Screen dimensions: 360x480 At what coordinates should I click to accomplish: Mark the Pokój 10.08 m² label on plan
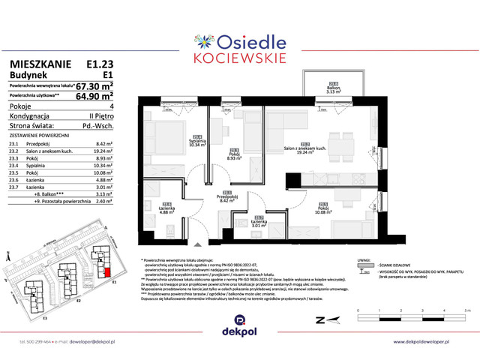pos(322,209)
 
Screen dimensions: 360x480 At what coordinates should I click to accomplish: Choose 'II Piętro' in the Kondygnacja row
pos(99,116)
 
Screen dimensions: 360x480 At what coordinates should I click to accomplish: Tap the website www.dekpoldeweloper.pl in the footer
pos(424,342)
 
